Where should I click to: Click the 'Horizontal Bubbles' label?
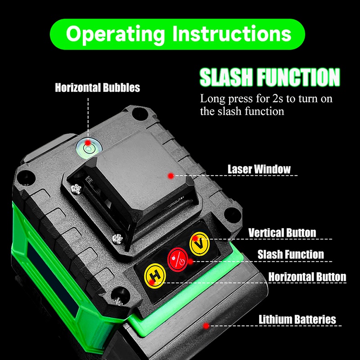[x=97, y=87]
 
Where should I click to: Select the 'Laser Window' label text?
[x=259, y=170]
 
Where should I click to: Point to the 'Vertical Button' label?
[x=282, y=233]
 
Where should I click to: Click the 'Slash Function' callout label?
[x=290, y=254]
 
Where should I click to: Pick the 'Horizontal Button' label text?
[x=307, y=276]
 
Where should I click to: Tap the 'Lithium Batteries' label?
[x=297, y=319]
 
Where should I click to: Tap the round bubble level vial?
[x=87, y=145]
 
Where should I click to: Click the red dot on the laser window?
[x=171, y=176]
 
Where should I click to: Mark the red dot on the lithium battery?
[x=206, y=325]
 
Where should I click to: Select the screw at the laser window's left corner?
[x=75, y=189]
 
